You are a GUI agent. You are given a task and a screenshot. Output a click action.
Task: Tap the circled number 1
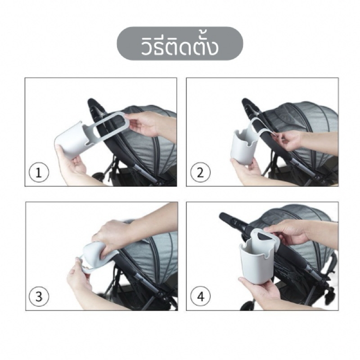pyautogui.click(x=39, y=172)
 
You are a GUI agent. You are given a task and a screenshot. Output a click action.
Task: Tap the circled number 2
pyautogui.click(x=200, y=172)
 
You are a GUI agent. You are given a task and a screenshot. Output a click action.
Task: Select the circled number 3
pyautogui.click(x=39, y=297)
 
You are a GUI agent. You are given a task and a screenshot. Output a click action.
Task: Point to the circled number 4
pyautogui.click(x=200, y=297)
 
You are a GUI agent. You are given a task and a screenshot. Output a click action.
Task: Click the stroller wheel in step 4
pyautogui.click(x=248, y=306)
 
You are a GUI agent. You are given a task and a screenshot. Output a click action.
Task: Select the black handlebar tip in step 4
pyautogui.click(x=224, y=216)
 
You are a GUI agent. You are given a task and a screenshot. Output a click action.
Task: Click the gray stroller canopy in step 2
pyautogui.click(x=301, y=131)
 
